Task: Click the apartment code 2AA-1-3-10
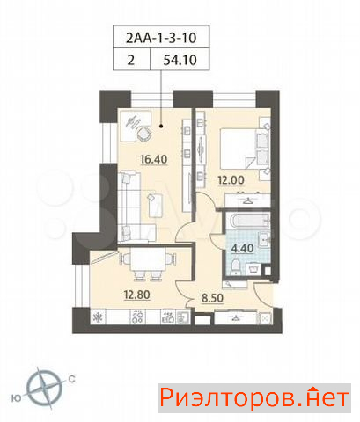[x=161, y=38]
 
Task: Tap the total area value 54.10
[x=180, y=60]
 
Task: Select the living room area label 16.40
[x=154, y=159]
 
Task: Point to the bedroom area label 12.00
[x=231, y=180]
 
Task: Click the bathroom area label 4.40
[x=242, y=248]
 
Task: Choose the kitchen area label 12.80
[x=136, y=295]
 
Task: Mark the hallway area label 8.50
[x=212, y=298]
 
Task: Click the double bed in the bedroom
[x=245, y=149]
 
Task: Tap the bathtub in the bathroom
[x=249, y=221]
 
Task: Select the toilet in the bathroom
[x=236, y=266]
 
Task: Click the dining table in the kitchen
[x=148, y=259]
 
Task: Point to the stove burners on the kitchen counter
[x=137, y=316]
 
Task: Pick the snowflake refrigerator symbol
[x=97, y=316]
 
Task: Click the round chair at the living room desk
[x=143, y=134]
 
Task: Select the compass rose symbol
[x=45, y=388]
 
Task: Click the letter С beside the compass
[x=72, y=380]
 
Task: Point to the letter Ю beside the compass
[x=16, y=398]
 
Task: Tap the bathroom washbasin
[x=263, y=239]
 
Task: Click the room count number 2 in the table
[x=131, y=60]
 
